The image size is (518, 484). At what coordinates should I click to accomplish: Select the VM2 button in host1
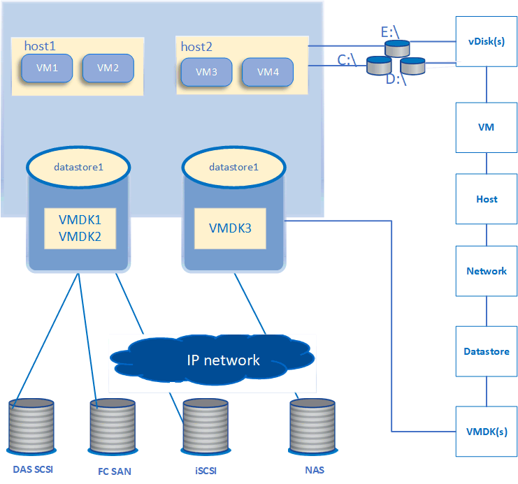pos(108,68)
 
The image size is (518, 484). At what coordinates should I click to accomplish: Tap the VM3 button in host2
pos(206,72)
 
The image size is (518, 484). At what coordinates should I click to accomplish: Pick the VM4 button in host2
pos(268,72)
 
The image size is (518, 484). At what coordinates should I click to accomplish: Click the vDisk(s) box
pos(487,41)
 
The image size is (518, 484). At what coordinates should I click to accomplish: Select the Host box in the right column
pos(487,199)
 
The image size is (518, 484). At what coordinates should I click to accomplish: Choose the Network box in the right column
pos(487,271)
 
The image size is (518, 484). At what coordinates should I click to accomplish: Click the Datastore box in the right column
pos(487,351)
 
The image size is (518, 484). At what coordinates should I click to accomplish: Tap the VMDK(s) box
pos(487,431)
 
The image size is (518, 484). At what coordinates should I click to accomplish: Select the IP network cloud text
pos(223,360)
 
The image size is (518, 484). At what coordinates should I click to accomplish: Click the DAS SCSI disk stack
pos(32,427)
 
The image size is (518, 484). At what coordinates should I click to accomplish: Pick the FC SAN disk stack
pos(112,427)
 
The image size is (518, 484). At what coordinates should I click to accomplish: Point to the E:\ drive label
pos(388,32)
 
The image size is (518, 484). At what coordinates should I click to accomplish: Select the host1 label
pos(40,45)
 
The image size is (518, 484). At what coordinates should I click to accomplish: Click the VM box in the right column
pos(487,127)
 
